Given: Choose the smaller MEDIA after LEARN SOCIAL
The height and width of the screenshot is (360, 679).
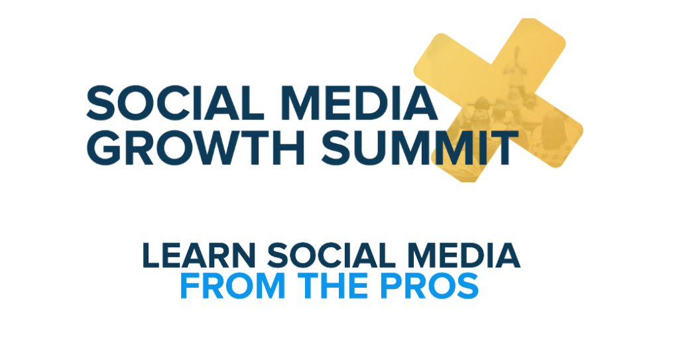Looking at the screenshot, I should (x=465, y=256).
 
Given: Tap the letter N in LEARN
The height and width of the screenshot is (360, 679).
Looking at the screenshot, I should (x=249, y=256).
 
